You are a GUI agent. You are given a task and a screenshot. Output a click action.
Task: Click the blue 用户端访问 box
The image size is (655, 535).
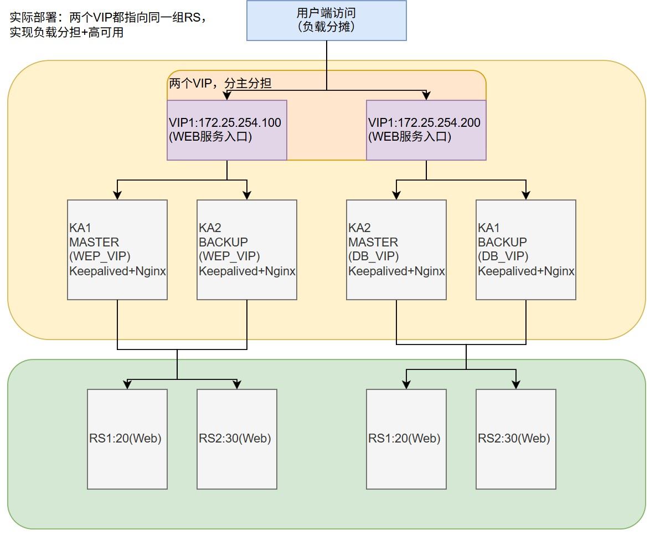(326, 20)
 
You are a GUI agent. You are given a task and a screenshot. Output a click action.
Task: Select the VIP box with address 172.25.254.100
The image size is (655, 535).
(227, 130)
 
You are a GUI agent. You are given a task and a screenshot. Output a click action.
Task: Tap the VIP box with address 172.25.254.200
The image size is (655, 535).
(426, 130)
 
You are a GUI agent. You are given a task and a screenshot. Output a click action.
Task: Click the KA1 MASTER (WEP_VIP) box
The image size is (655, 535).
(117, 250)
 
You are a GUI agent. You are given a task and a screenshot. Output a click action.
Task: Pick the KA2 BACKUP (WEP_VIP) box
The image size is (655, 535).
(247, 250)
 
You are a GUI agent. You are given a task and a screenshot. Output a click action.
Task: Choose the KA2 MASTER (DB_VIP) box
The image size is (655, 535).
(396, 250)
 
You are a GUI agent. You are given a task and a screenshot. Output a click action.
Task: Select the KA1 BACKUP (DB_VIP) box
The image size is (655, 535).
(526, 250)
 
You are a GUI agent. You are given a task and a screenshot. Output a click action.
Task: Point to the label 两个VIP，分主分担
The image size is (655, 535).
(220, 84)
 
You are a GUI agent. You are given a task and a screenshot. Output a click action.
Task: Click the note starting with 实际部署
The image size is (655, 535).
(108, 25)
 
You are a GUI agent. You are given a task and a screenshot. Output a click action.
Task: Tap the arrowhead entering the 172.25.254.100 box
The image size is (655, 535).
(227, 96)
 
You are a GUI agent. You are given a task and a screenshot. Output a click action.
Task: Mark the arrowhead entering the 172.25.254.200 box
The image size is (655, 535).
(426, 96)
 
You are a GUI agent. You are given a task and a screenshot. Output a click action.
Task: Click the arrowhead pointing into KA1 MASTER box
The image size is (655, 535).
(117, 196)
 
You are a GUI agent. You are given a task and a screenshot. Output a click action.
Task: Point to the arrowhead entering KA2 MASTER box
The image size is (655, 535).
(396, 196)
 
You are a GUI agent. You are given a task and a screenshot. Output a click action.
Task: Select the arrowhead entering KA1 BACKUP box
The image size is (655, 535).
(526, 196)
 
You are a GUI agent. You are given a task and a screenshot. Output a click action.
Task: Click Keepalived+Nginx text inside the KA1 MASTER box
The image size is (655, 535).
(118, 271)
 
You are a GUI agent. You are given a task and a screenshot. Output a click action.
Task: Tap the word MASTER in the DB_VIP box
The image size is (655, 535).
(373, 242)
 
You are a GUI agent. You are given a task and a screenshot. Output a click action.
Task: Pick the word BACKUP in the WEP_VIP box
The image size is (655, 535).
(224, 242)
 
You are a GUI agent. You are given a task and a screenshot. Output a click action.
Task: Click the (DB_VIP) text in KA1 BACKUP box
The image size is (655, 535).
(503, 256)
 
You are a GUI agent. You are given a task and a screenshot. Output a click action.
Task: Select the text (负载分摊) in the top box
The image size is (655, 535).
(326, 26)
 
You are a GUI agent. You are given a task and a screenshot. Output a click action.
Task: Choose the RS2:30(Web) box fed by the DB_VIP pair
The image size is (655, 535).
(516, 439)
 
